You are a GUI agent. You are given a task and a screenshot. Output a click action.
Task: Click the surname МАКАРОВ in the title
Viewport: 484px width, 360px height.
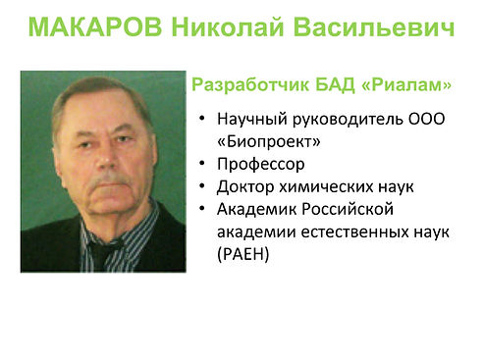95,26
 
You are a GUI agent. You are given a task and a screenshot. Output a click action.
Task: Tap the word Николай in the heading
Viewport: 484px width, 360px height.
228,26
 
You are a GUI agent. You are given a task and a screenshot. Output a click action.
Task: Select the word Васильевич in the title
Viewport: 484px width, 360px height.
374,26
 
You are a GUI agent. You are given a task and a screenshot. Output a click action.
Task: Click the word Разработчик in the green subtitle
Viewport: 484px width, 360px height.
250,85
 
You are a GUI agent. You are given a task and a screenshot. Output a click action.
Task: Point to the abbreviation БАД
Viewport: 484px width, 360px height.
335,85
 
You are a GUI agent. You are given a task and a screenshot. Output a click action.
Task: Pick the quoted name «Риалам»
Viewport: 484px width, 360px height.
406,85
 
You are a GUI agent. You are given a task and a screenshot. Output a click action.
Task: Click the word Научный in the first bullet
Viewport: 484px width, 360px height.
252,119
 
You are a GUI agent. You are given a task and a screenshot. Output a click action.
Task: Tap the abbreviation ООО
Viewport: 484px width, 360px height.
427,119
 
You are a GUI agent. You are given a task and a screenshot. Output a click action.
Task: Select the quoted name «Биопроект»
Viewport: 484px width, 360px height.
269,142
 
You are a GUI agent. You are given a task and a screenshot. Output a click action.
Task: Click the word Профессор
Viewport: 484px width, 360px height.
261,164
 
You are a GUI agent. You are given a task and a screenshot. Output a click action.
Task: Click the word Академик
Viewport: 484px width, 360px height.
256,209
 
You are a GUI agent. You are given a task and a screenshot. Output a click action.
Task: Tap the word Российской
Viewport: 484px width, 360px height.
348,209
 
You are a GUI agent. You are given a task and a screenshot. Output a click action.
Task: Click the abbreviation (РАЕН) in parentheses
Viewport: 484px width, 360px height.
243,254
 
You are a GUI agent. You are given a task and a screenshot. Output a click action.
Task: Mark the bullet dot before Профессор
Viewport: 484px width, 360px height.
202,163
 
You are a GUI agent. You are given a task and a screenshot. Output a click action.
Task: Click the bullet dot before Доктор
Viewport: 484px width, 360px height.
202,186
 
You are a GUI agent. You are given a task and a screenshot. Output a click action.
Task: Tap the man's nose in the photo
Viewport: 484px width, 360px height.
106,157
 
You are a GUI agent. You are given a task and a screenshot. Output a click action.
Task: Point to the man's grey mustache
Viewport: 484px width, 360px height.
108,179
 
